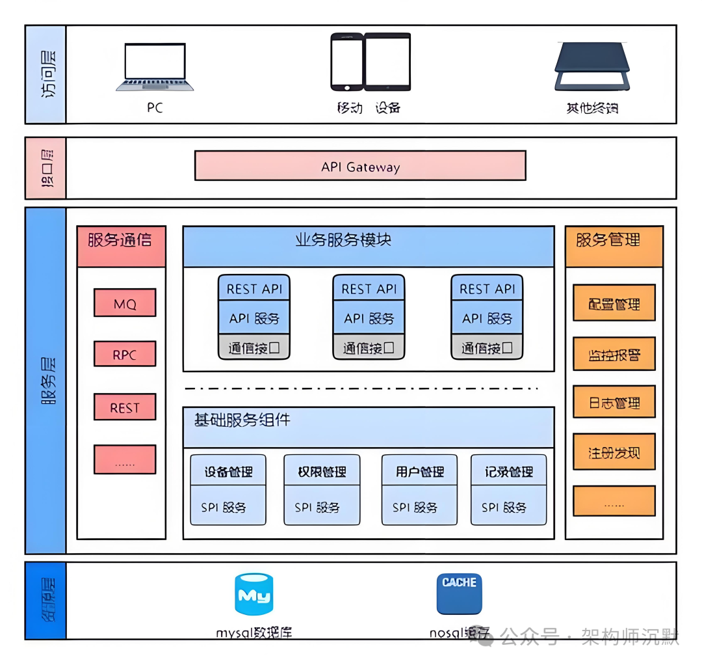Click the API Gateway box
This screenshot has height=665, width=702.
(360, 166)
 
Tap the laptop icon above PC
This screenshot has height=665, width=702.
(155, 67)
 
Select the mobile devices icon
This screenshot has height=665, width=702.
(370, 62)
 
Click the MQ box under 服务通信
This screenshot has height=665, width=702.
(125, 303)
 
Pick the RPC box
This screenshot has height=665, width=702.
(125, 355)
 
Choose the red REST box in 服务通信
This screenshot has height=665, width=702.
(125, 407)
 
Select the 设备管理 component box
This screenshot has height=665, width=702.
(228, 489)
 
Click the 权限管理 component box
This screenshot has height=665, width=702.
(322, 489)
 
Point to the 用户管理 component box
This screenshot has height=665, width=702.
(419, 489)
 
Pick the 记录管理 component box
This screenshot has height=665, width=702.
(508, 489)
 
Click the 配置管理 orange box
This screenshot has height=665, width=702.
(614, 303)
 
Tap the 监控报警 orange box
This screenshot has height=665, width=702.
(614, 355)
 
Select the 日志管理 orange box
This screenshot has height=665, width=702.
(614, 402)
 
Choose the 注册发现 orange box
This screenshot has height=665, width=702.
(614, 452)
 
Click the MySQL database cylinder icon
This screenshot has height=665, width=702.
(253, 594)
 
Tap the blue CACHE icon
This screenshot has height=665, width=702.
(459, 593)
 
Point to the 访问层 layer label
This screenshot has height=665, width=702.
(46, 74)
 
